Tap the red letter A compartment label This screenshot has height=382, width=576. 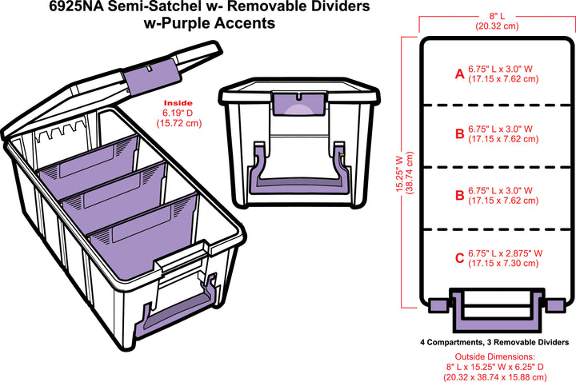[459, 74]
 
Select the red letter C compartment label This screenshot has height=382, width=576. [459, 257]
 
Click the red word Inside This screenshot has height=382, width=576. [178, 103]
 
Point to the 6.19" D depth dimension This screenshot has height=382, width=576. [178, 113]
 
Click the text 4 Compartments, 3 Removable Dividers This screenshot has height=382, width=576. [494, 341]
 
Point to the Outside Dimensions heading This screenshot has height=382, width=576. [495, 356]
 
